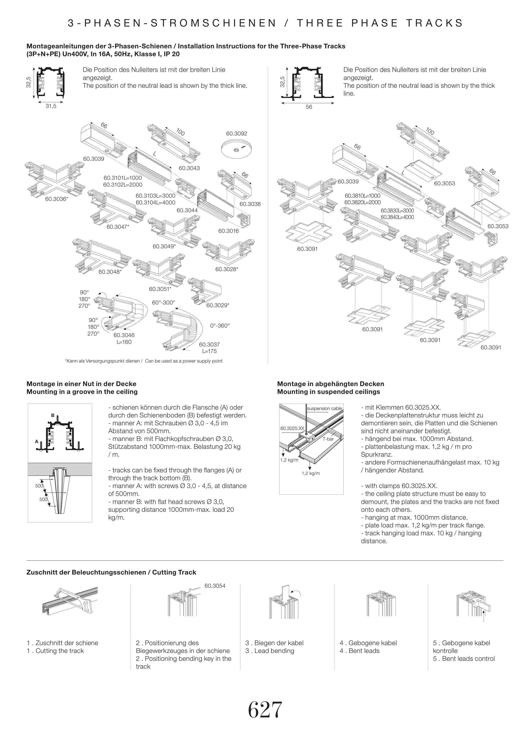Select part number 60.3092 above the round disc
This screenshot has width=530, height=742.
(237, 134)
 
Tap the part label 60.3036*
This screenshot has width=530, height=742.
(56, 198)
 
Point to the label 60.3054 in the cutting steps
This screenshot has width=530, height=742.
(215, 586)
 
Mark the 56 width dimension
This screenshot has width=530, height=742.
(309, 107)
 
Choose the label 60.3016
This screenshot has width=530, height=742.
(229, 231)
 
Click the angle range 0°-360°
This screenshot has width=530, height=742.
(220, 326)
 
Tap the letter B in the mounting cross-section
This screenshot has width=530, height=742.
(53, 415)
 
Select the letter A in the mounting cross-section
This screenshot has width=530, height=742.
(37, 441)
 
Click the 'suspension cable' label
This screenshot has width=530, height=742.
(325, 409)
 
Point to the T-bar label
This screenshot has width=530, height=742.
(328, 439)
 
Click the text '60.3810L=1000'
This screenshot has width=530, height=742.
(363, 196)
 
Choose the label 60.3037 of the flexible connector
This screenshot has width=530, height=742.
(209, 344)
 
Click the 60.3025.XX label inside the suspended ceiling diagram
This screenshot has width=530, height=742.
(292, 428)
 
